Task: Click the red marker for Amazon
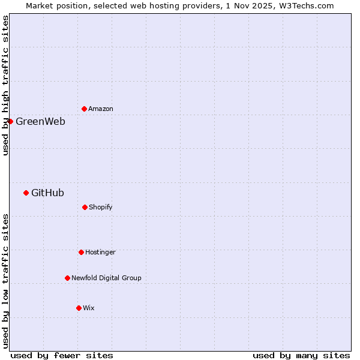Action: pos(84,109)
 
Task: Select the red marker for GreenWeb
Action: pos(10,121)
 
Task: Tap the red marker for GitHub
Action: pos(26,193)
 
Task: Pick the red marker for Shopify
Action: pos(85,207)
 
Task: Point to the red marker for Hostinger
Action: pos(81,252)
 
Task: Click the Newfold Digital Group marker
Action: pos(67,278)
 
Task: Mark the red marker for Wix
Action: pos(79,308)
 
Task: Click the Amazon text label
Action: pos(101,109)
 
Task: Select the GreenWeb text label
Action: pos(40,121)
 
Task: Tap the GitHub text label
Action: pos(47,193)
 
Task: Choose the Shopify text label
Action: pos(101,207)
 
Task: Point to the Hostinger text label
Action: pos(100,252)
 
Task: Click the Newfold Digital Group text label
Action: pos(106,278)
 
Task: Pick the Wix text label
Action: pos(89,308)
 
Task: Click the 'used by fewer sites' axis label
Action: pos(62,355)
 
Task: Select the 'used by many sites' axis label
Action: pos(301,355)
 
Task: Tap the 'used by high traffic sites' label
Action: pos(5,85)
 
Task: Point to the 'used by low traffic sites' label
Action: pos(5,281)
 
